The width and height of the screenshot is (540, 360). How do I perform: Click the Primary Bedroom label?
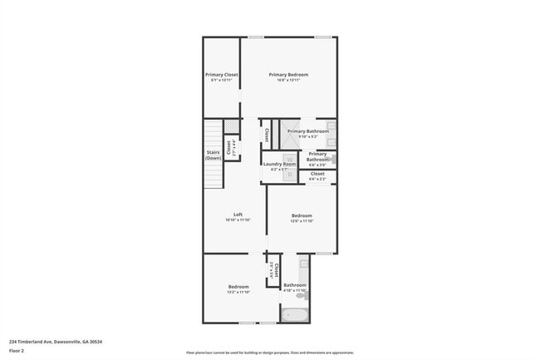pyautogui.click(x=288, y=74)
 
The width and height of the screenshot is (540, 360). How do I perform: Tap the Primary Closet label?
pyautogui.click(x=222, y=74)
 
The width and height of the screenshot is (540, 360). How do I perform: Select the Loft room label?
pyautogui.click(x=238, y=215)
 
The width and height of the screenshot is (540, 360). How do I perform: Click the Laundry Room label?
pyautogui.click(x=279, y=164)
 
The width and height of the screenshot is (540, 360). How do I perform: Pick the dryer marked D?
pyautogui.click(x=279, y=175)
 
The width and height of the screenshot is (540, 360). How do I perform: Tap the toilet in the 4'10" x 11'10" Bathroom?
pyautogui.click(x=305, y=295)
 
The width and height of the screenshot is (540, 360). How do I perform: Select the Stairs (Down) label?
pyautogui.click(x=214, y=155)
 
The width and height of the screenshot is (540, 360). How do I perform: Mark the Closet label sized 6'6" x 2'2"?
pyautogui.click(x=317, y=174)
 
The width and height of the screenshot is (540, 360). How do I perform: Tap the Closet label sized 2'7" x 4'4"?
pyautogui.click(x=229, y=148)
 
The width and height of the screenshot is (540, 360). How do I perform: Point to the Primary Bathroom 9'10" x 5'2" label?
pyautogui.click(x=308, y=131)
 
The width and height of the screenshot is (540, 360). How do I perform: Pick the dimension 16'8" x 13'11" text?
pyautogui.click(x=288, y=80)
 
